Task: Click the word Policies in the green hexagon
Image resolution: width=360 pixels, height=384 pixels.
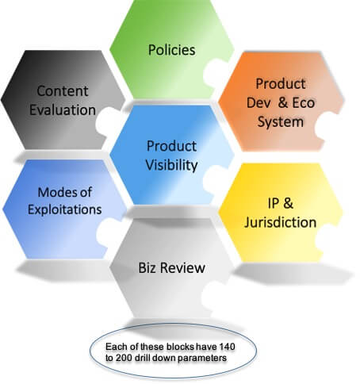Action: click(172, 50)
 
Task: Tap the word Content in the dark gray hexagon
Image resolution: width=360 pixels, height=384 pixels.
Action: click(63, 91)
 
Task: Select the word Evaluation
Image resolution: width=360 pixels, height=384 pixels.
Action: click(63, 109)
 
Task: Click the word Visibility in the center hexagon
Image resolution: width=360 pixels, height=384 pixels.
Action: click(171, 165)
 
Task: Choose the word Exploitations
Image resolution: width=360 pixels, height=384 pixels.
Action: click(65, 209)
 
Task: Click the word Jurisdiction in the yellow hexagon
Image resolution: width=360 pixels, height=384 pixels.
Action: click(281, 222)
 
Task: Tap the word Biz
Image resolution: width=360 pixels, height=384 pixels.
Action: click(147, 267)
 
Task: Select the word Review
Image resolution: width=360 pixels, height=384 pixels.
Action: click(183, 267)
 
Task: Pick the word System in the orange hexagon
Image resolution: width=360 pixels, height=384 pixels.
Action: click(281, 122)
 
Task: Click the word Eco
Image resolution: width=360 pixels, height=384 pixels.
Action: click(304, 102)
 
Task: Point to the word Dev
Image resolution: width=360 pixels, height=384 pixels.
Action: click(259, 102)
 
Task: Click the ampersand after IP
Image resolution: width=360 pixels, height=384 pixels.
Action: click(288, 203)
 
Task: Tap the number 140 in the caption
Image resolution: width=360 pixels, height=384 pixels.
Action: click(227, 347)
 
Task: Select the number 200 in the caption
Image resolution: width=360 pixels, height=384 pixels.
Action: click(124, 358)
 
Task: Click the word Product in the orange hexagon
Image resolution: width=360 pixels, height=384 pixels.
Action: click(281, 84)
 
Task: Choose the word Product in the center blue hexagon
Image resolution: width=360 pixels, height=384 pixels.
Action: click(171, 146)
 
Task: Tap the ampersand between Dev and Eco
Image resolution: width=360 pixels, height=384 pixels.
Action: click(283, 102)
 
